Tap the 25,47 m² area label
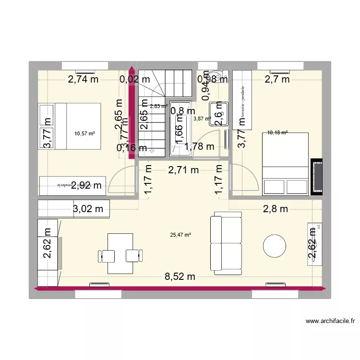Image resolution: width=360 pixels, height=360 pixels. [x=180, y=235]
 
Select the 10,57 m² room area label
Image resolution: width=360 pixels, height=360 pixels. [x=84, y=134]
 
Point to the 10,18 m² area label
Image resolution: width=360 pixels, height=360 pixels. [x=277, y=132]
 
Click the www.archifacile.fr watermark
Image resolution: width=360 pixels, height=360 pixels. [x=330, y=321]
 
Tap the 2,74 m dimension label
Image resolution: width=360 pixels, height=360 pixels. [x=83, y=80]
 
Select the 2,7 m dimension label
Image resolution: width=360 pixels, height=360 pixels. [x=277, y=80]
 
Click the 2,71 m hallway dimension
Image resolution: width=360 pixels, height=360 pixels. [x=183, y=169]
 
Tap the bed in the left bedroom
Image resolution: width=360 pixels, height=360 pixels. [x=77, y=126]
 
